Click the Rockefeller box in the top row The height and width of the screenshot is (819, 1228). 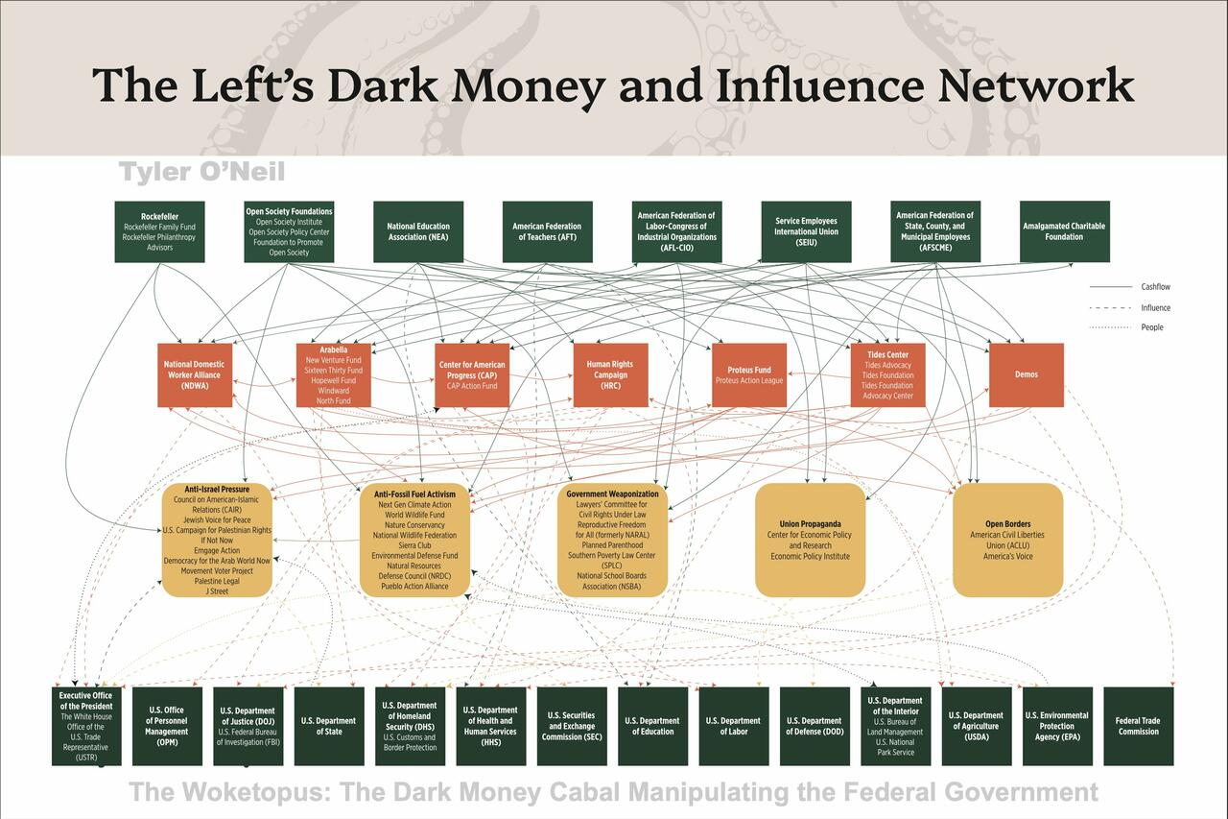[159, 231]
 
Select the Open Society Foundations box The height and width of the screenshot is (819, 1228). [289, 231]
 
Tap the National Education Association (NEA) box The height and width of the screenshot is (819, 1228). [418, 231]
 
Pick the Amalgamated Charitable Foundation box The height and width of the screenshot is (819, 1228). [1064, 231]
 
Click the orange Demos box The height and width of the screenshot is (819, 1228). [1026, 374]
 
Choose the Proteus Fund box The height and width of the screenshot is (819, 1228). [748, 374]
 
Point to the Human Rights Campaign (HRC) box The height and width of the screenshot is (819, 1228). [610, 374]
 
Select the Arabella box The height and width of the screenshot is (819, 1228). [334, 374]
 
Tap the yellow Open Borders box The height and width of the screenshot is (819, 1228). [1007, 540]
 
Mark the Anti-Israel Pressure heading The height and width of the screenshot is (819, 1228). [217, 490]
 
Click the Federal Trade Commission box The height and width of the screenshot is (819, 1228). [1138, 726]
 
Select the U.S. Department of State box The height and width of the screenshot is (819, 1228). [328, 726]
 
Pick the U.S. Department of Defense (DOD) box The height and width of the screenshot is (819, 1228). [815, 726]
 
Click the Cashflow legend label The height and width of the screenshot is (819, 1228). [1155, 287]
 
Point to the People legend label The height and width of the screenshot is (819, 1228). [1152, 327]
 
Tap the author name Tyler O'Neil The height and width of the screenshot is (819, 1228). [201, 172]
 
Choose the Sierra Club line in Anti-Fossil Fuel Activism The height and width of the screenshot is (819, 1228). [414, 544]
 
